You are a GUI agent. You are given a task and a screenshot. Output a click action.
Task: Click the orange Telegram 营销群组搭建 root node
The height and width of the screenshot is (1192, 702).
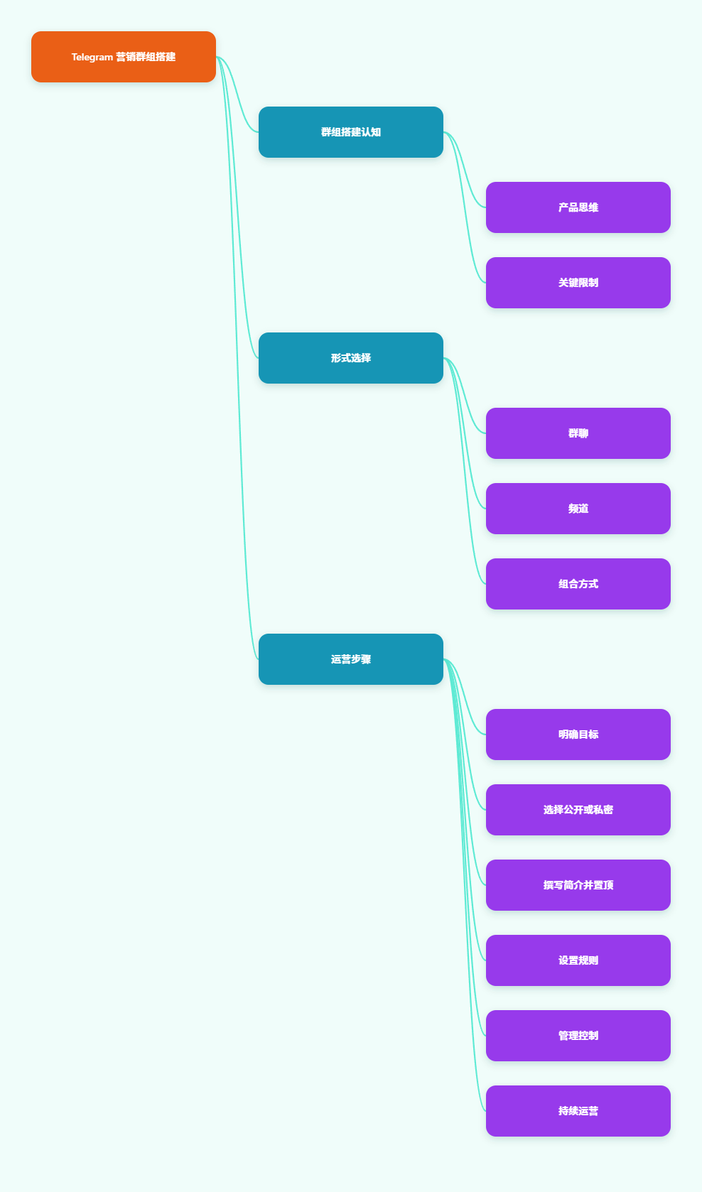(124, 57)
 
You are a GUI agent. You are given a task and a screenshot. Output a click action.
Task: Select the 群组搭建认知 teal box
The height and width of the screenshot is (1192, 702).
(351, 132)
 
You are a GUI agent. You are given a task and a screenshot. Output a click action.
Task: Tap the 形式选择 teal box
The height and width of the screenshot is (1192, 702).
(351, 358)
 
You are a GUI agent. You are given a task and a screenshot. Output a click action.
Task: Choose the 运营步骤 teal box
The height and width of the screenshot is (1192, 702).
(351, 659)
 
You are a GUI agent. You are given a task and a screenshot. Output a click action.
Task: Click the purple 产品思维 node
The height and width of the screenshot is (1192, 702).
(578, 207)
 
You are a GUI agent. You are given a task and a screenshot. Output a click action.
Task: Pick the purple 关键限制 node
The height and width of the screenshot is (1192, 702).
(578, 283)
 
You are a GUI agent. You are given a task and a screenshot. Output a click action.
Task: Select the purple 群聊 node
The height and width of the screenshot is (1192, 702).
(578, 433)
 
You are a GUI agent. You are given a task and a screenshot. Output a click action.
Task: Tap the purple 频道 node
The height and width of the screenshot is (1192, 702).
(578, 509)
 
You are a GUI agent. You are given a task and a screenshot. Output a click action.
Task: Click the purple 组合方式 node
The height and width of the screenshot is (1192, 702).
(578, 584)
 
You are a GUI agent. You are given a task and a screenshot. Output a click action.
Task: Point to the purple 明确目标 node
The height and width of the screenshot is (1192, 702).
(578, 735)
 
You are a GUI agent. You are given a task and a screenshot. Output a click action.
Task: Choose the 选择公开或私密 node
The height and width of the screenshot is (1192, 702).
(578, 810)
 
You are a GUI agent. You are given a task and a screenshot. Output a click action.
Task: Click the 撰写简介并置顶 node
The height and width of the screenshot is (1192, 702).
(578, 885)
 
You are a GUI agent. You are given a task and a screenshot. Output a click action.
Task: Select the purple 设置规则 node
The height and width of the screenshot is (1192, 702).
(578, 960)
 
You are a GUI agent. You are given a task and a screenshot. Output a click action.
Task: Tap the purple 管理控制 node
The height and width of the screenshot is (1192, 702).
(578, 1036)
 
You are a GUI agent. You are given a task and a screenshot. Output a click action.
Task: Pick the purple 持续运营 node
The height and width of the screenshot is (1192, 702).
(578, 1111)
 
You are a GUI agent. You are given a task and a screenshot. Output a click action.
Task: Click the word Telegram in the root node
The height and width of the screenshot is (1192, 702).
(92, 57)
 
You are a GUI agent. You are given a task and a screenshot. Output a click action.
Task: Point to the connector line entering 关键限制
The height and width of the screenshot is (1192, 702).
(465, 207)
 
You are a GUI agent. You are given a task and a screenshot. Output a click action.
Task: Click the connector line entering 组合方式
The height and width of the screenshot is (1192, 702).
(465, 471)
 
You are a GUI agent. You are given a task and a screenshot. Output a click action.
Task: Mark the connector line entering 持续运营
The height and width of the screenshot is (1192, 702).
(465, 885)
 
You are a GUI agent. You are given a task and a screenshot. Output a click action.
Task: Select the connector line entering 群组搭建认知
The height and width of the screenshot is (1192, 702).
(237, 94)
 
